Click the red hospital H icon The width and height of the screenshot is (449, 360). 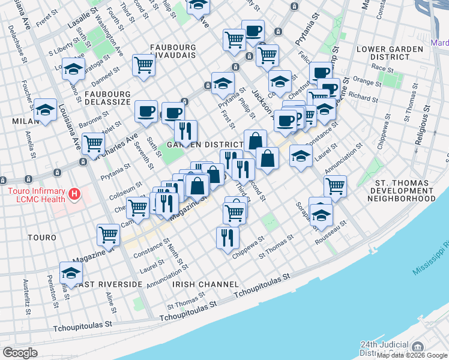[74, 194]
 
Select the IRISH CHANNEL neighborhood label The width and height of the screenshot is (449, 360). [206, 283]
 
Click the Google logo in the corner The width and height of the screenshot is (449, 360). [20, 352]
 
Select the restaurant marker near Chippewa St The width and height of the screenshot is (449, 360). [228, 237]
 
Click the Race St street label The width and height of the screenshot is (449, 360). [382, 69]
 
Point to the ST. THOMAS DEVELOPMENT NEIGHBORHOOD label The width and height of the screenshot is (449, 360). [402, 190]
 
